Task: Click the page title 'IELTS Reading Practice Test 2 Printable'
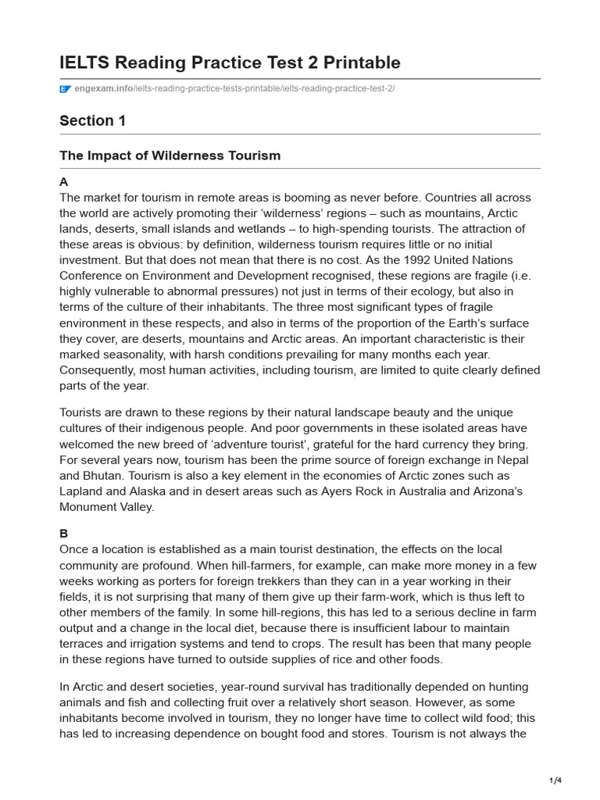point(230,62)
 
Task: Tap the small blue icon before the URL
point(65,89)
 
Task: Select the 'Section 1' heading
point(92,120)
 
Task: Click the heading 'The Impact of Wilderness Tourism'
point(170,155)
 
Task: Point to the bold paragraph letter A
point(64,181)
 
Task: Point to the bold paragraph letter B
point(64,534)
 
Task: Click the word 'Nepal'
point(519,460)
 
